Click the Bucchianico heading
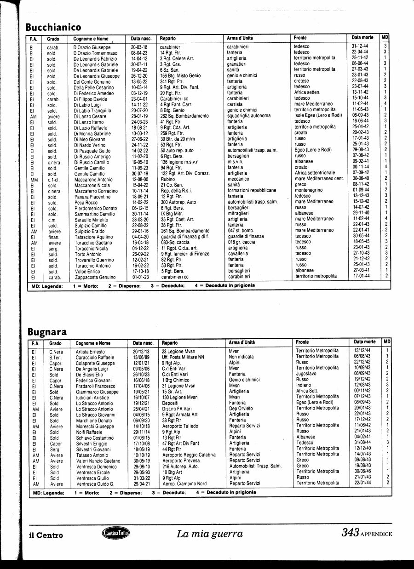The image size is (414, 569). pyautogui.click(x=53, y=27)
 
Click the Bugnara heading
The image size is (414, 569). pyautogui.click(x=47, y=331)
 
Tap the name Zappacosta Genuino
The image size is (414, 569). pyautogui.click(x=95, y=277)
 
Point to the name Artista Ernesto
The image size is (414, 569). pyautogui.click(x=90, y=352)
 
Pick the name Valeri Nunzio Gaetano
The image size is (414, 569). pyautogui.click(x=98, y=461)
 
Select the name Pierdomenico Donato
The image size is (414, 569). pyautogui.click(x=96, y=208)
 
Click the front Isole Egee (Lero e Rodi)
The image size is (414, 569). pyautogui.click(x=318, y=115)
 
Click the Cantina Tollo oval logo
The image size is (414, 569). pyautogui.click(x=115, y=533)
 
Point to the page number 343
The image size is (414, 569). pyautogui.click(x=350, y=533)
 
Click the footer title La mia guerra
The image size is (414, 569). pyautogui.click(x=209, y=534)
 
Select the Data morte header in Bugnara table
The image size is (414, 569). pyautogui.click(x=365, y=342)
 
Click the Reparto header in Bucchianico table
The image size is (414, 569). pyautogui.click(x=168, y=38)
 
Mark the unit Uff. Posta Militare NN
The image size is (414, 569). pyautogui.click(x=183, y=357)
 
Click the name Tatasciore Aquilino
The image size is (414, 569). pyautogui.click(x=94, y=237)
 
